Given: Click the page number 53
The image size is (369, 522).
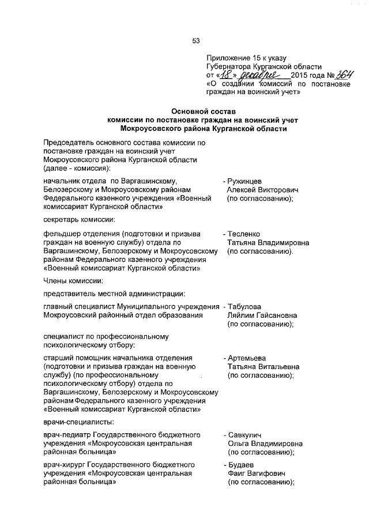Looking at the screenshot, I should click(x=195, y=40).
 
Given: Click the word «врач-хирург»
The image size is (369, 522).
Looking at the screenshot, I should click(x=63, y=464).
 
